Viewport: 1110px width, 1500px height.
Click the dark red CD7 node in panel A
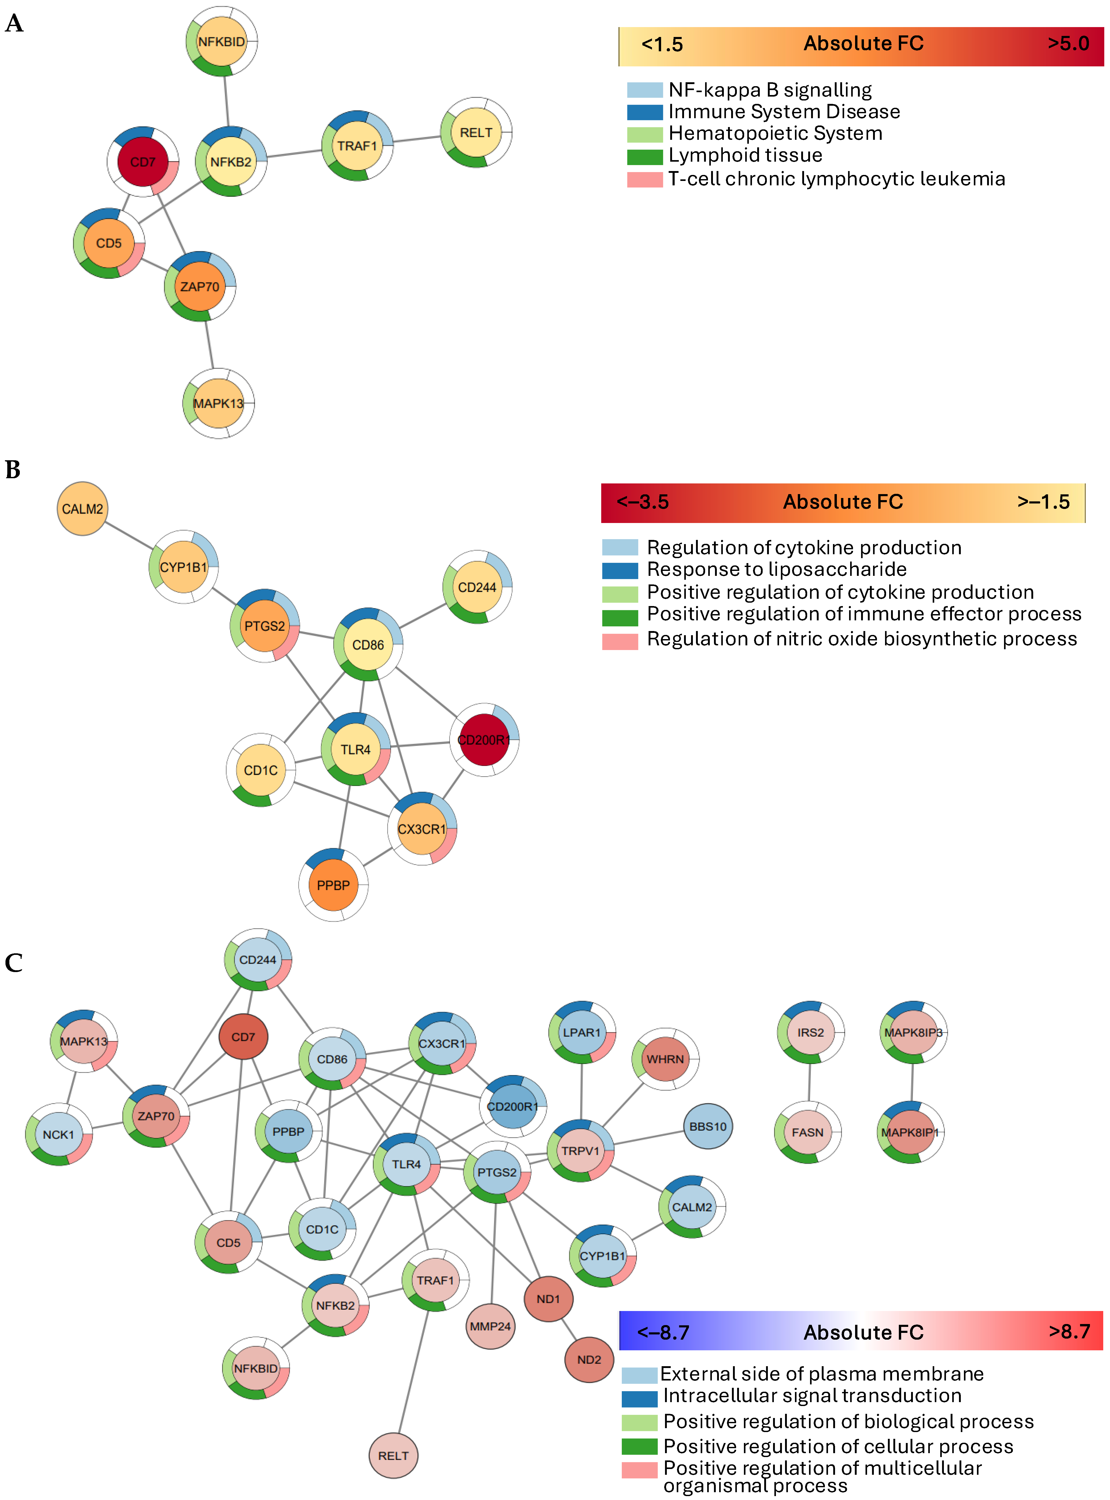[142, 162]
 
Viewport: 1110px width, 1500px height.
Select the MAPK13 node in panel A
[218, 403]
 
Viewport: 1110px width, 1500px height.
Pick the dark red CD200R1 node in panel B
[484, 740]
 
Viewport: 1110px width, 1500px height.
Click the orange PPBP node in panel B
[333, 885]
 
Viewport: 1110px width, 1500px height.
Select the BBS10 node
[707, 1126]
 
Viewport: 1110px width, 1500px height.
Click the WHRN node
[665, 1059]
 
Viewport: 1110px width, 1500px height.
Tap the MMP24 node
[491, 1327]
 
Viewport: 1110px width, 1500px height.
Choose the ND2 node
[589, 1360]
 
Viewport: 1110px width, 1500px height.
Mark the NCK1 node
[59, 1135]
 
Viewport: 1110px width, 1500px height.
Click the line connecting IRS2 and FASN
[810, 1082]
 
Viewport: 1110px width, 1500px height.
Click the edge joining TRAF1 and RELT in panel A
[417, 139]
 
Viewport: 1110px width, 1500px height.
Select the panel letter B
[13, 470]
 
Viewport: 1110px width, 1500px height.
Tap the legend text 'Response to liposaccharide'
[776, 570]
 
